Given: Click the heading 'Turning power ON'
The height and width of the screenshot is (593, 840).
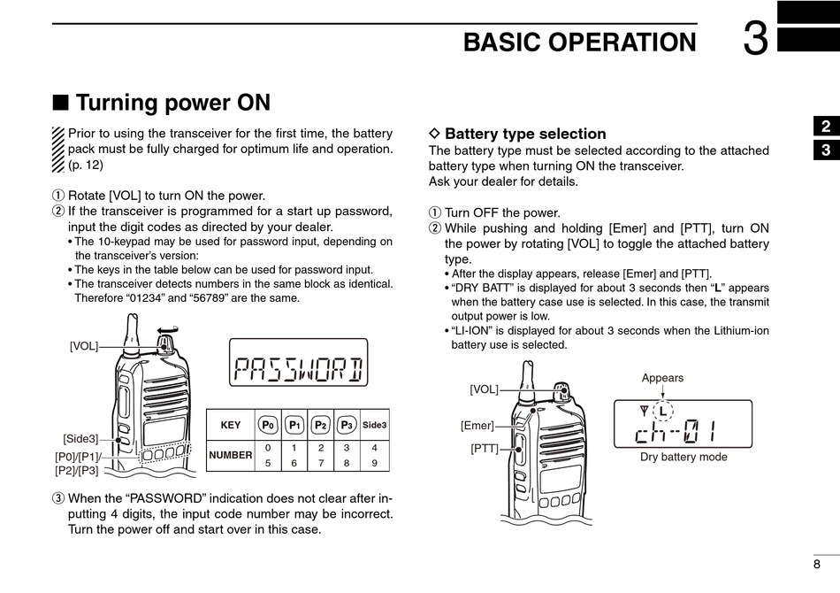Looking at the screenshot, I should pyautogui.click(x=172, y=103).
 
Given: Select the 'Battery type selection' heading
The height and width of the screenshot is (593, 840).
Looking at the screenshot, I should pyautogui.click(x=525, y=134).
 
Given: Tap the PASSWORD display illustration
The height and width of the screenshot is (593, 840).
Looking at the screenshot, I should pyautogui.click(x=298, y=363).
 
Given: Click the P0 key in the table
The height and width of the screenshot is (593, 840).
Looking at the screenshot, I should pyautogui.click(x=268, y=425).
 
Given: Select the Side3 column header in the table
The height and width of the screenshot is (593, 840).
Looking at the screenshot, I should pyautogui.click(x=375, y=425).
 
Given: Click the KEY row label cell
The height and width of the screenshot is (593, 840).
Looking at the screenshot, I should pyautogui.click(x=230, y=425).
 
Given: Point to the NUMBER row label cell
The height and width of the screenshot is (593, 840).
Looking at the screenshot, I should pyautogui.click(x=230, y=455).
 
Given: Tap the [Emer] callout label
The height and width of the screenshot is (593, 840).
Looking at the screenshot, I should pyautogui.click(x=477, y=426).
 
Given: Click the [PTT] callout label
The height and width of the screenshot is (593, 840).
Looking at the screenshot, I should pyautogui.click(x=485, y=449).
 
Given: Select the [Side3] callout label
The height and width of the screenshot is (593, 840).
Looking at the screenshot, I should pyautogui.click(x=80, y=438).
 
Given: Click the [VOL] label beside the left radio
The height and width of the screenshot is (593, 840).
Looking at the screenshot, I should pyautogui.click(x=84, y=346).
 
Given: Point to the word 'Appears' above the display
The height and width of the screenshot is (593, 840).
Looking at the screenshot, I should pyautogui.click(x=662, y=378).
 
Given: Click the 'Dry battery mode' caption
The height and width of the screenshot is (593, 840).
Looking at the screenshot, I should pyautogui.click(x=683, y=458).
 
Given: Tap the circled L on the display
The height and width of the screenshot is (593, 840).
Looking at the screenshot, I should pyautogui.click(x=661, y=412).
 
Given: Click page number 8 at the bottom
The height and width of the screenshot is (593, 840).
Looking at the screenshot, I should pyautogui.click(x=816, y=564).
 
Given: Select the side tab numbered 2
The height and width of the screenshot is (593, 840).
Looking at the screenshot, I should pyautogui.click(x=824, y=127).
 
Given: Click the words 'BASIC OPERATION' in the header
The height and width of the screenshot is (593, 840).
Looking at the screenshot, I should pyautogui.click(x=579, y=42).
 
